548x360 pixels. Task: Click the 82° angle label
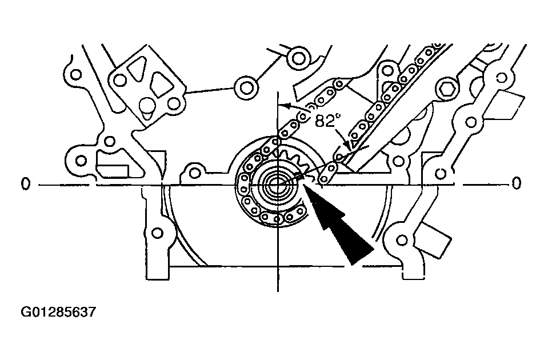(x=328, y=119)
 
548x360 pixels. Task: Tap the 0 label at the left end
(x=25, y=183)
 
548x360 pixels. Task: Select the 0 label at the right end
(x=517, y=183)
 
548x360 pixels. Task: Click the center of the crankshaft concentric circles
(x=278, y=184)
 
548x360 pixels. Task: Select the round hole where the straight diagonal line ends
(x=247, y=87)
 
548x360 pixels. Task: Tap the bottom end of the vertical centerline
(x=278, y=288)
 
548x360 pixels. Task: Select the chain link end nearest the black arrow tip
(x=325, y=179)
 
